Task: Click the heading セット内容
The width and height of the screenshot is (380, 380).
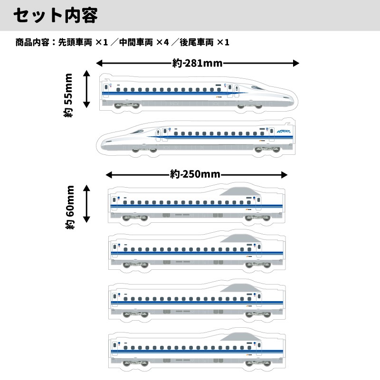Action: (56, 15)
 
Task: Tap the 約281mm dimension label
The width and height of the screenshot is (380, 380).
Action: (197, 63)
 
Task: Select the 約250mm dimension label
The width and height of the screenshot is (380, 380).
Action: (195, 174)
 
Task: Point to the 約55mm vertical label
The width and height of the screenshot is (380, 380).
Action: (68, 95)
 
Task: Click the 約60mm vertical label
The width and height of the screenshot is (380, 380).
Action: (70, 207)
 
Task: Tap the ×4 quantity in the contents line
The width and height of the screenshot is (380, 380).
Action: (162, 42)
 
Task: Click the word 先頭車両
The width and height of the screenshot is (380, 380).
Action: (75, 42)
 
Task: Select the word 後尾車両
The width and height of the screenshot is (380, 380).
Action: (197, 42)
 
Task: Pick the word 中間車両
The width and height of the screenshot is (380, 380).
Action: (136, 42)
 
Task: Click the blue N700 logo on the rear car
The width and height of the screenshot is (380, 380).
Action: (284, 132)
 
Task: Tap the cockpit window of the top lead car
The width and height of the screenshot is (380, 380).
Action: (257, 87)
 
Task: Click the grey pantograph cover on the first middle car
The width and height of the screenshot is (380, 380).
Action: (240, 191)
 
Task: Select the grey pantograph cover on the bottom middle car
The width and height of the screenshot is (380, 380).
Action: (241, 337)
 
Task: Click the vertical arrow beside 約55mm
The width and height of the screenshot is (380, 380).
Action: (86, 89)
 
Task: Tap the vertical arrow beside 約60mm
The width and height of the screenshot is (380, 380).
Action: (86, 204)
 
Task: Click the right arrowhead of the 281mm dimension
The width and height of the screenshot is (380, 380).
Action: (296, 63)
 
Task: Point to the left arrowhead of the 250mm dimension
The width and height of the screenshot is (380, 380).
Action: (109, 175)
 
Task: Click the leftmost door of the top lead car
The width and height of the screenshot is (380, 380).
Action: (106, 90)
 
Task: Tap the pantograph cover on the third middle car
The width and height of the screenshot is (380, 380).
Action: (241, 288)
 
